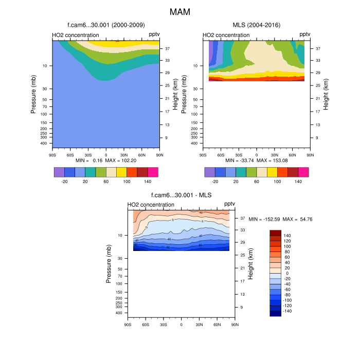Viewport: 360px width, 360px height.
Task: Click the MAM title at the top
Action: point(180,11)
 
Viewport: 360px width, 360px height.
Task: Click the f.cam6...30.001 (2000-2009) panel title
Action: point(106,25)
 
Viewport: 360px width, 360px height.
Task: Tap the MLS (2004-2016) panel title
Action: point(256,25)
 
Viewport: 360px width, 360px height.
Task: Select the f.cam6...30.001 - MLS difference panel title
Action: point(182,195)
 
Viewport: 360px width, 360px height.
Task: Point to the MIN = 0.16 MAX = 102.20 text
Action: point(106,160)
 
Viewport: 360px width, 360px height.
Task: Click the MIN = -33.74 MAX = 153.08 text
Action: point(257,160)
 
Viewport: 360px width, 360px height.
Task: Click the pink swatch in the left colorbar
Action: point(153,172)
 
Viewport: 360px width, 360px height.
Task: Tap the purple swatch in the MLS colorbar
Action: point(210,172)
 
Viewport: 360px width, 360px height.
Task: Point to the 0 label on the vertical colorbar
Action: point(287,273)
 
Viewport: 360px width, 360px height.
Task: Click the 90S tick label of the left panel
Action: point(52,154)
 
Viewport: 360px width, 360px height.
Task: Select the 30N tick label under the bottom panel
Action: point(199,324)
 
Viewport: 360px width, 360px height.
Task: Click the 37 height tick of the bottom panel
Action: point(242,218)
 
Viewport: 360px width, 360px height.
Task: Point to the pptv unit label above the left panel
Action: point(154,34)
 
